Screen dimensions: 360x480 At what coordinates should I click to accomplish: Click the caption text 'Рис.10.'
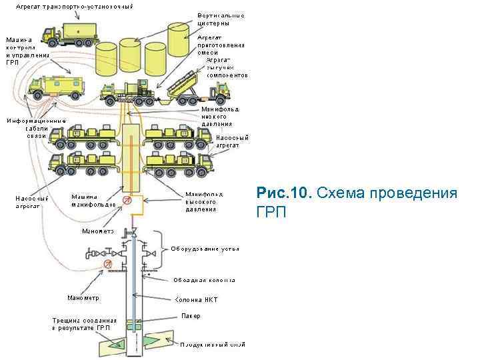(284, 194)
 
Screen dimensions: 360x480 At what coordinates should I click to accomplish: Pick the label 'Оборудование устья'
(205, 249)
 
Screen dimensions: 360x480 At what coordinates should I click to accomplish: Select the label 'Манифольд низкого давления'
(220, 116)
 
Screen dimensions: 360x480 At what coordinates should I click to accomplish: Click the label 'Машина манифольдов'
(94, 200)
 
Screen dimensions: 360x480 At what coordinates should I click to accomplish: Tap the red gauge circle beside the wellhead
(106, 265)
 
